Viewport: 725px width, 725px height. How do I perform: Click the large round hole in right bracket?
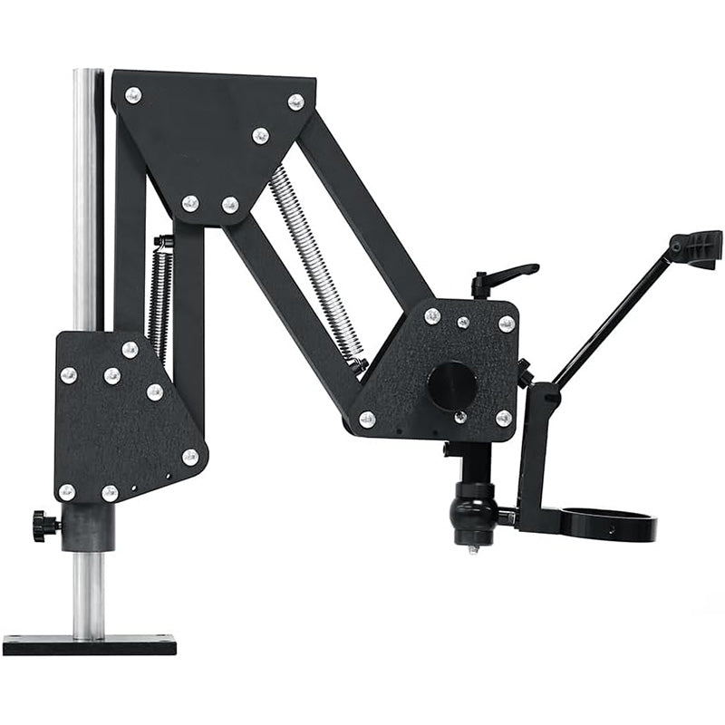(451, 385)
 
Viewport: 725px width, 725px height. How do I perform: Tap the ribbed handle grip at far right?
(698, 246)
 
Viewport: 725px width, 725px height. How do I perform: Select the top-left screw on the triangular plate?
(133, 94)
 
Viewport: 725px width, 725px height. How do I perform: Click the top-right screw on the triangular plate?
(295, 101)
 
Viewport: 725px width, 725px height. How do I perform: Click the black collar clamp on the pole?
(88, 527)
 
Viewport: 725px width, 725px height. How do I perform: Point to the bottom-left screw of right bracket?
(367, 419)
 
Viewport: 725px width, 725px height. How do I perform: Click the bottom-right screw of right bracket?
(504, 418)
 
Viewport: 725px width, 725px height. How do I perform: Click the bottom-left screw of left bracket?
(67, 491)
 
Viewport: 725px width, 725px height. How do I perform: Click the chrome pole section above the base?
(88, 593)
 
